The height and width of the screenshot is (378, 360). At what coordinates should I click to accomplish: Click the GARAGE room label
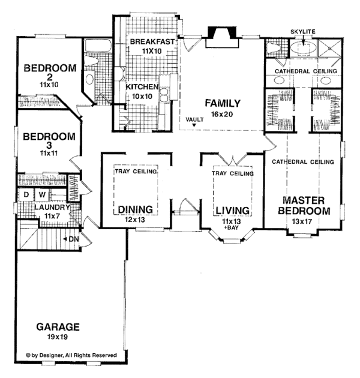[x=58, y=327]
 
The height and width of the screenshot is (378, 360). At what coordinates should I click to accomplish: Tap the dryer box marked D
[x=26, y=194]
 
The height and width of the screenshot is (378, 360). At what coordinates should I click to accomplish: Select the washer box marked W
[x=42, y=194]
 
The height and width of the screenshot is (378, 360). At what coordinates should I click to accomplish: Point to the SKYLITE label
[x=303, y=32]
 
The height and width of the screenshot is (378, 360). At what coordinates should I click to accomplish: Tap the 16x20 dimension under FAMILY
[x=222, y=114]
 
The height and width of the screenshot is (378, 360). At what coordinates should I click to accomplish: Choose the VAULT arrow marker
[x=194, y=125]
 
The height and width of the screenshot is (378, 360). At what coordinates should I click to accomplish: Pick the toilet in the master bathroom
[x=274, y=48]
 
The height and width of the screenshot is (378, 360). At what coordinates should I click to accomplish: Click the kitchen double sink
[x=165, y=95]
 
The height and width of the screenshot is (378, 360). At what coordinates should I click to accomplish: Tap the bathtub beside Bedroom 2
[x=98, y=46]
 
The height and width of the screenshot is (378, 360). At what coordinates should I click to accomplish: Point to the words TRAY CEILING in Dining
[x=136, y=172]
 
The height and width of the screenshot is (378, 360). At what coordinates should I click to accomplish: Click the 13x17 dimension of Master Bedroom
[x=302, y=221]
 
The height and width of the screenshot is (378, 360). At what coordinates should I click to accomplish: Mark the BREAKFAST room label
[x=152, y=41]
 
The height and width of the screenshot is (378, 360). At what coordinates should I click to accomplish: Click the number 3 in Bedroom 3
[x=49, y=145]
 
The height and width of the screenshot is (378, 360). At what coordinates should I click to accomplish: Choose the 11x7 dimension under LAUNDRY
[x=52, y=216]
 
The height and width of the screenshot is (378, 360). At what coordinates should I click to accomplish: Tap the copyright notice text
[x=71, y=355]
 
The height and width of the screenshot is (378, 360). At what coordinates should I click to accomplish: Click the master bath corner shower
[x=329, y=48]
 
